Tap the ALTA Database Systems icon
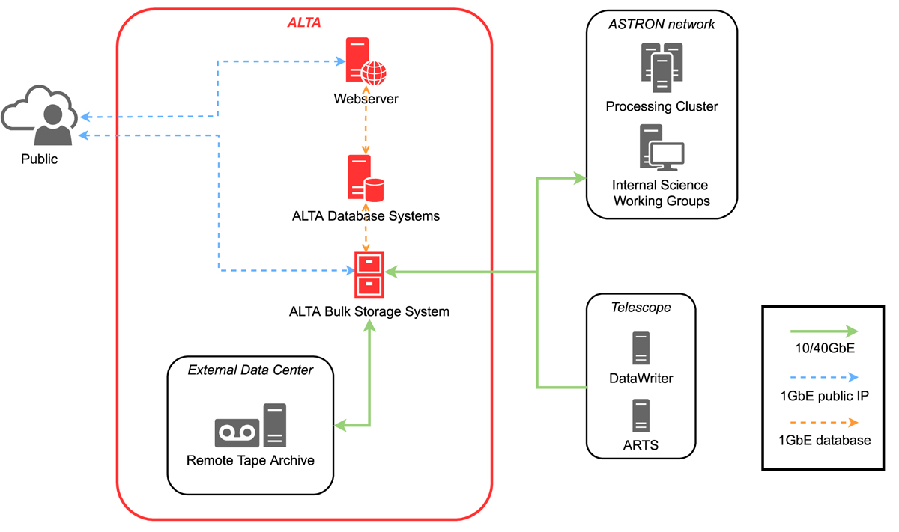[365, 178]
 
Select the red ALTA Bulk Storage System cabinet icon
[369, 275]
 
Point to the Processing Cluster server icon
[662, 64]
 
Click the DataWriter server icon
[641, 348]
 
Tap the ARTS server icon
[641, 415]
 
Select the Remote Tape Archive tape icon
[237, 432]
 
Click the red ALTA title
[304, 23]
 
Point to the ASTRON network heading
[662, 25]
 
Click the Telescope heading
[641, 307]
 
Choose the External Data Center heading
[250, 370]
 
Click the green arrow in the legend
[824, 331]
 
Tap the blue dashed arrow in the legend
[824, 378]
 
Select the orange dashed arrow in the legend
[824, 423]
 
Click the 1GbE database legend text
[824, 441]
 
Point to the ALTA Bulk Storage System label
[369, 311]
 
